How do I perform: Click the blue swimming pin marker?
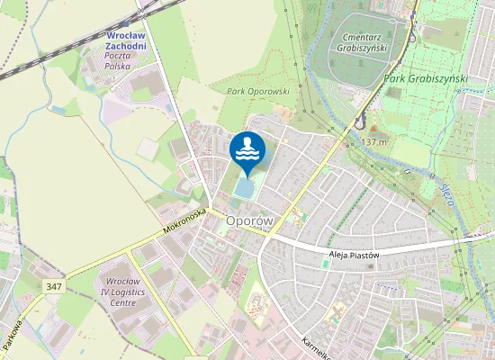point(247,150)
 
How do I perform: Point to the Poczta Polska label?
point(118,60)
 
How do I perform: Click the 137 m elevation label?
point(373,142)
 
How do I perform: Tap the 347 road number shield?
point(54,284)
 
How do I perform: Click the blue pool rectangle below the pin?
point(244,189)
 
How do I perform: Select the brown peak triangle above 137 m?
point(373,130)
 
